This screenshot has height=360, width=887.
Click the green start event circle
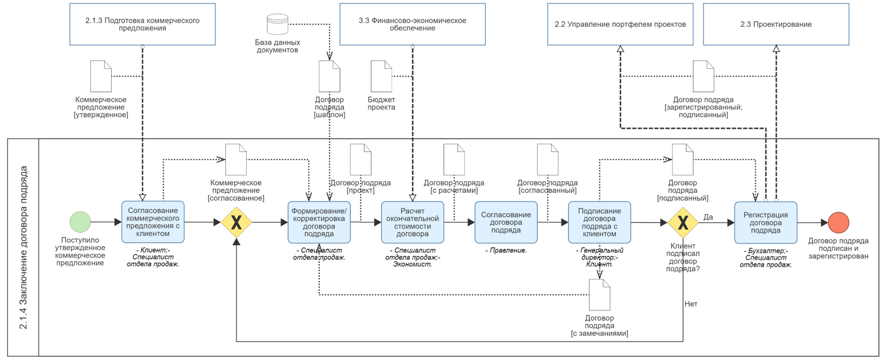[x=81, y=222]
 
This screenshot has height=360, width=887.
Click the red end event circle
[x=839, y=223]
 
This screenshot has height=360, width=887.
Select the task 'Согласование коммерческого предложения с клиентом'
[x=153, y=222]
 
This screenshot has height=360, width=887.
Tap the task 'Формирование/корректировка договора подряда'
[x=319, y=222]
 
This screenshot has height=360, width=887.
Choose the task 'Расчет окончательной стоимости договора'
[x=413, y=222]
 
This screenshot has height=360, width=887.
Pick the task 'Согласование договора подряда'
[x=506, y=222]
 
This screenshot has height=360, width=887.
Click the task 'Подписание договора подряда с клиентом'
[x=600, y=222]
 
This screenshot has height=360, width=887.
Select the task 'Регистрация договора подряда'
[x=766, y=223]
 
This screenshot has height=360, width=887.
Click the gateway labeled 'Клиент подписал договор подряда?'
[x=683, y=223]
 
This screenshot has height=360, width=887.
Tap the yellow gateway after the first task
[x=236, y=222]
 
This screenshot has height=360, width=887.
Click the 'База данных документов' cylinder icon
[x=278, y=24]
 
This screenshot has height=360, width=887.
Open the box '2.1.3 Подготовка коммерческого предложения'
[x=143, y=24]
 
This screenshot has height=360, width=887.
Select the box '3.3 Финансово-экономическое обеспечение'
[x=413, y=24]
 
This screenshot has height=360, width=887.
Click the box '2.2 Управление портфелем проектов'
[x=621, y=24]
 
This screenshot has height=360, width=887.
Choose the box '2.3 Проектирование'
[x=776, y=24]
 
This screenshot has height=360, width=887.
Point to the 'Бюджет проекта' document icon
[x=381, y=76]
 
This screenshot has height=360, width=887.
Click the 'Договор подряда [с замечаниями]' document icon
[x=600, y=295]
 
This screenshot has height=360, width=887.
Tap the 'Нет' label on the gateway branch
[x=691, y=304]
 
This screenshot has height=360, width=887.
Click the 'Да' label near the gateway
[x=708, y=217]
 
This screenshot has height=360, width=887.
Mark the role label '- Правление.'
[x=506, y=251]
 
